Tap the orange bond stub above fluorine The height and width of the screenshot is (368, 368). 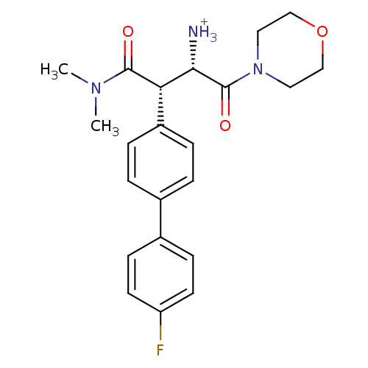160,332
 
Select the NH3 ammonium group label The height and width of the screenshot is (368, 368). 200,32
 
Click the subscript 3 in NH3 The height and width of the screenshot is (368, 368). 213,38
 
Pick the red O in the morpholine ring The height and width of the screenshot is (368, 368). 322,32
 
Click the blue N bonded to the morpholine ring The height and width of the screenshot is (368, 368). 257,70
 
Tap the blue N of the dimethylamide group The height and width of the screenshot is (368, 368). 96,88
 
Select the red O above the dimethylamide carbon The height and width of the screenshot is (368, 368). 128,32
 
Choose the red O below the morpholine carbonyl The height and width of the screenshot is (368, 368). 225,126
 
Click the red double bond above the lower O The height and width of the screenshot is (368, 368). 225,108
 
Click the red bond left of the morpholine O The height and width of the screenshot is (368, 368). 309,24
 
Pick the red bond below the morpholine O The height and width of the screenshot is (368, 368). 322,46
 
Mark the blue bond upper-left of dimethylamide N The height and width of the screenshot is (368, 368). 84,80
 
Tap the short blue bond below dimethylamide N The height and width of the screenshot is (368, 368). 96,101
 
